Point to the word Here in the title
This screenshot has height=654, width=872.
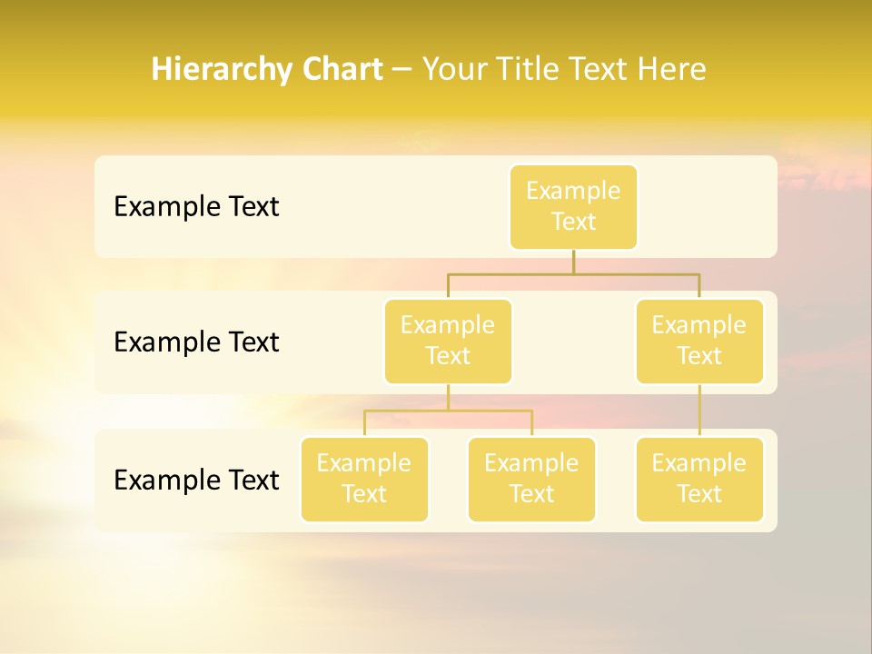pos(671,70)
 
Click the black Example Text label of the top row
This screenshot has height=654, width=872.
pos(196,207)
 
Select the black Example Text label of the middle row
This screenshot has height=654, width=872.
pos(196,342)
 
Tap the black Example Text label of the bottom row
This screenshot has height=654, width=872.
pos(196,480)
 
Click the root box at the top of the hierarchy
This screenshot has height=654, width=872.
pos(573,207)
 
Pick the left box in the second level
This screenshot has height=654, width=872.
pos(448,342)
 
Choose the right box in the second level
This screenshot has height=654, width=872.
pos(699,342)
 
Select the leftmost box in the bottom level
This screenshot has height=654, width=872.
pos(364,480)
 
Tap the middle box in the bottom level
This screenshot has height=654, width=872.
pos(531,480)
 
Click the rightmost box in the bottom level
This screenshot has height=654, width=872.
pos(699,480)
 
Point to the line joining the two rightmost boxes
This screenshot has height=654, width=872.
pos(699,411)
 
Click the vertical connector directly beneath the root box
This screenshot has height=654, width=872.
pos(573,262)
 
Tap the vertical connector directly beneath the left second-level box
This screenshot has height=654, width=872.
pos(448,397)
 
